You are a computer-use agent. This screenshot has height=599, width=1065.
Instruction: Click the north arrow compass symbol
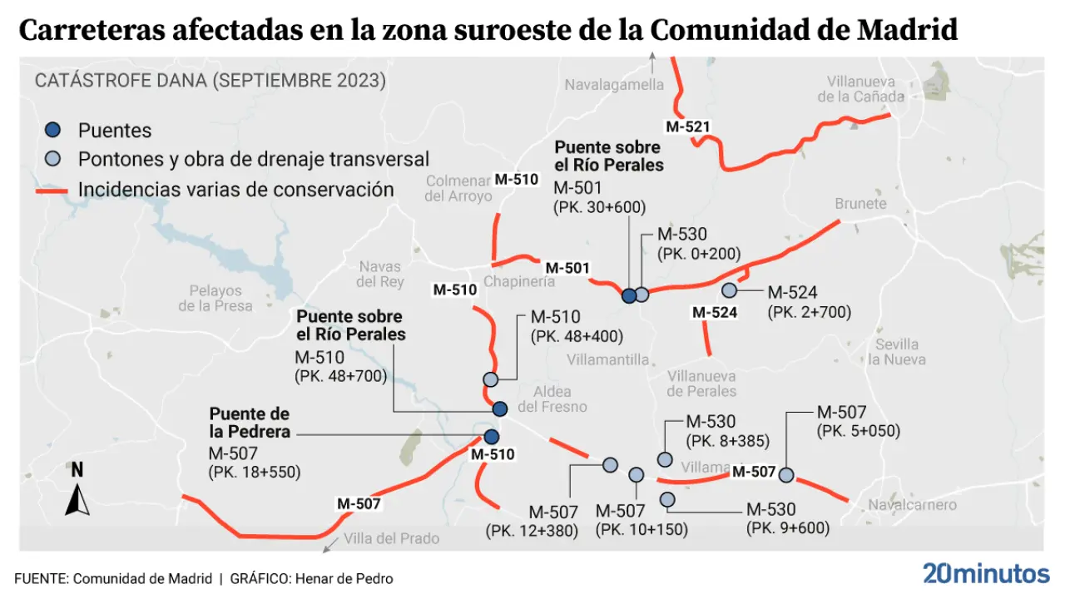click(77, 492)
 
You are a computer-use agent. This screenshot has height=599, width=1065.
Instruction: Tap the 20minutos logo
click(986, 574)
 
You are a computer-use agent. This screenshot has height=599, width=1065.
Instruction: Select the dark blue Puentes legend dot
click(52, 130)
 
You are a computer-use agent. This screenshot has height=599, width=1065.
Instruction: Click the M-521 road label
click(688, 126)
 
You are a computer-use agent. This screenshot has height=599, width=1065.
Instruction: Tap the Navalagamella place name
click(614, 85)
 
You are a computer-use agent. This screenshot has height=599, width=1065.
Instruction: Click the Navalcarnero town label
click(912, 505)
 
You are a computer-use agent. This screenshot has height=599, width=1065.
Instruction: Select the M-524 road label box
click(715, 313)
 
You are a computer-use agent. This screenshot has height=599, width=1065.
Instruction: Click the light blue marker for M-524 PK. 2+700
click(730, 290)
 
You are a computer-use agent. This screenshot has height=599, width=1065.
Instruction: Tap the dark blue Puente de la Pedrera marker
click(492, 437)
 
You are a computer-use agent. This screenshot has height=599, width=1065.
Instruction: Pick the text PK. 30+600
click(599, 208)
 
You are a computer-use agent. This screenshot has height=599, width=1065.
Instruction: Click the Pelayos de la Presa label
click(215, 298)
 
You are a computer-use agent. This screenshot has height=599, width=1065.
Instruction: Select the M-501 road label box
click(567, 268)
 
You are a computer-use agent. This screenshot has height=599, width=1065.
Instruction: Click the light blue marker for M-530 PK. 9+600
click(667, 499)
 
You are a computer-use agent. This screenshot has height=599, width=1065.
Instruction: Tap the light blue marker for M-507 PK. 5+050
click(786, 475)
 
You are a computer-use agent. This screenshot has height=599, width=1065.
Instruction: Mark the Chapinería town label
click(519, 282)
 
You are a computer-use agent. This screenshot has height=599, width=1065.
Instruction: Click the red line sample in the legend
click(52, 191)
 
